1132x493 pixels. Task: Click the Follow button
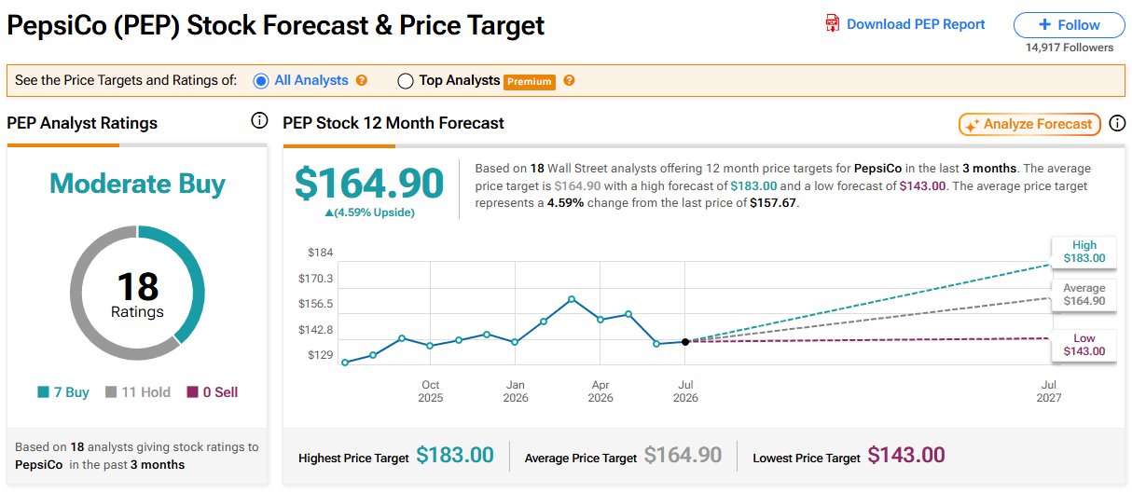tap(1069, 25)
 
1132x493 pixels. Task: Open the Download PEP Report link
tap(905, 24)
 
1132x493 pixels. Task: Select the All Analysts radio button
tap(261, 81)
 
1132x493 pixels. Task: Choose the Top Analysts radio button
tap(406, 81)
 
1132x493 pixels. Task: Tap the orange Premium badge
tap(529, 81)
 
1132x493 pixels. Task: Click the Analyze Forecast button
tap(1029, 124)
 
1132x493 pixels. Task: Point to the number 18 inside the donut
tap(137, 286)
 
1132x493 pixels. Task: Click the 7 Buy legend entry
tap(63, 392)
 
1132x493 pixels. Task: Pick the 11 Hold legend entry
tap(137, 392)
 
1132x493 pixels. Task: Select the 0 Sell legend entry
tap(213, 392)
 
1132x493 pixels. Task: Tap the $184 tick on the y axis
tap(321, 253)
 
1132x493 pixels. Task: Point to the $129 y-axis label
tap(321, 355)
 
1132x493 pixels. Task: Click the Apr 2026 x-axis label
tap(601, 391)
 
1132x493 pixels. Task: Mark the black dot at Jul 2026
tap(685, 342)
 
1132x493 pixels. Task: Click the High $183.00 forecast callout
tap(1084, 252)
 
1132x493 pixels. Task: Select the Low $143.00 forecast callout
tap(1084, 345)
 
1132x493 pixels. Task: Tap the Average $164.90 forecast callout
tap(1084, 294)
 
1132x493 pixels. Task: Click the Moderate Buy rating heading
tap(137, 184)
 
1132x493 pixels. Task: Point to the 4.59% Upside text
tap(369, 212)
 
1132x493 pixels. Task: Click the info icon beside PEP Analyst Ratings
tap(259, 121)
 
